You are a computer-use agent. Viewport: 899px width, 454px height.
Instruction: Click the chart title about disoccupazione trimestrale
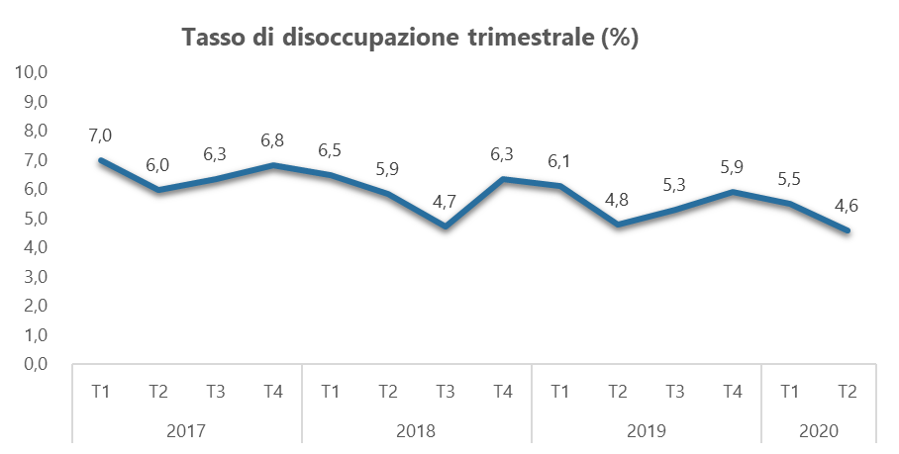pyautogui.click(x=410, y=39)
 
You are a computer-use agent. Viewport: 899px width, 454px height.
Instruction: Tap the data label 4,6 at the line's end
pyautogui.click(x=848, y=207)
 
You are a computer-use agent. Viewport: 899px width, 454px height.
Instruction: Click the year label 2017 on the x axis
pyautogui.click(x=187, y=431)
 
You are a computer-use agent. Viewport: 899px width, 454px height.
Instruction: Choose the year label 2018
pyautogui.click(x=416, y=431)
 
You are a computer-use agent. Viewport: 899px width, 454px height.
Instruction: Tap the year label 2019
pyautogui.click(x=646, y=431)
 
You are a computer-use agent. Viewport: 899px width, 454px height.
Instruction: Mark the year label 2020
pyautogui.click(x=818, y=431)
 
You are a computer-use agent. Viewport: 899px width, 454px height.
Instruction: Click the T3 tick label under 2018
pyautogui.click(x=446, y=392)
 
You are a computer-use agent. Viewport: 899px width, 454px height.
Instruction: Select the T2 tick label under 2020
pyautogui.click(x=848, y=392)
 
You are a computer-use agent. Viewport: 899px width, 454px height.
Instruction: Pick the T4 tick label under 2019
pyautogui.click(x=733, y=392)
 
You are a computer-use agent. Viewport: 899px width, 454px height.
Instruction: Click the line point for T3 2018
pyautogui.click(x=446, y=227)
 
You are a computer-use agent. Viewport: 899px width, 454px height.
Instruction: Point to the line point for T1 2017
pyautogui.click(x=100, y=160)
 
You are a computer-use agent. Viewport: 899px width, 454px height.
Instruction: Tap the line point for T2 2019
pyautogui.click(x=618, y=225)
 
